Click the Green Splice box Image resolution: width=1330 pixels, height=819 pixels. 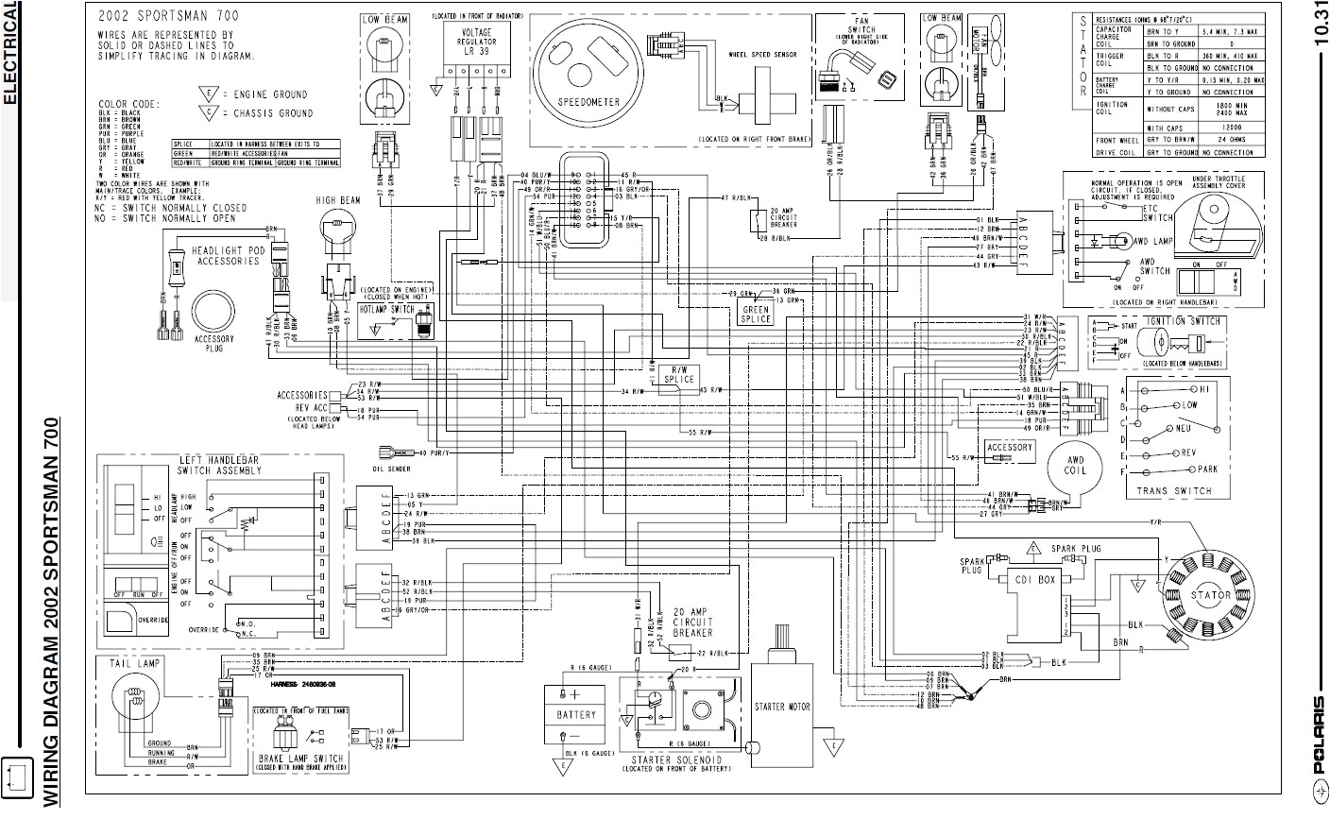[x=757, y=314]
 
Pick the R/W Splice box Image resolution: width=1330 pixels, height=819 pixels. [x=678, y=375]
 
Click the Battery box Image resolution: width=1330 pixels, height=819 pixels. [x=576, y=715]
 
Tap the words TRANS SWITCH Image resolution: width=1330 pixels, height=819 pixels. [x=1173, y=491]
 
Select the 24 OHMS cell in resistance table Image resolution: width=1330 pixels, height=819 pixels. [x=1230, y=139]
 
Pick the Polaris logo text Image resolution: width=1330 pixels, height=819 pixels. [x=1319, y=737]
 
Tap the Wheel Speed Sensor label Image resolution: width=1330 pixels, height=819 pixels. [x=761, y=55]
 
